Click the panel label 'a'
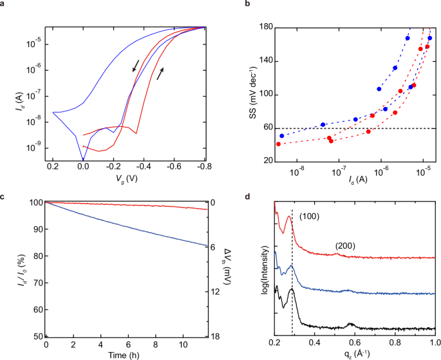coord(4,5)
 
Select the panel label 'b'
coord(247,5)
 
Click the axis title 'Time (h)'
coord(126,354)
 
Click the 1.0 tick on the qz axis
coord(435,345)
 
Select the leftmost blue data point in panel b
coord(282,136)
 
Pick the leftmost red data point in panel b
coord(278,144)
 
